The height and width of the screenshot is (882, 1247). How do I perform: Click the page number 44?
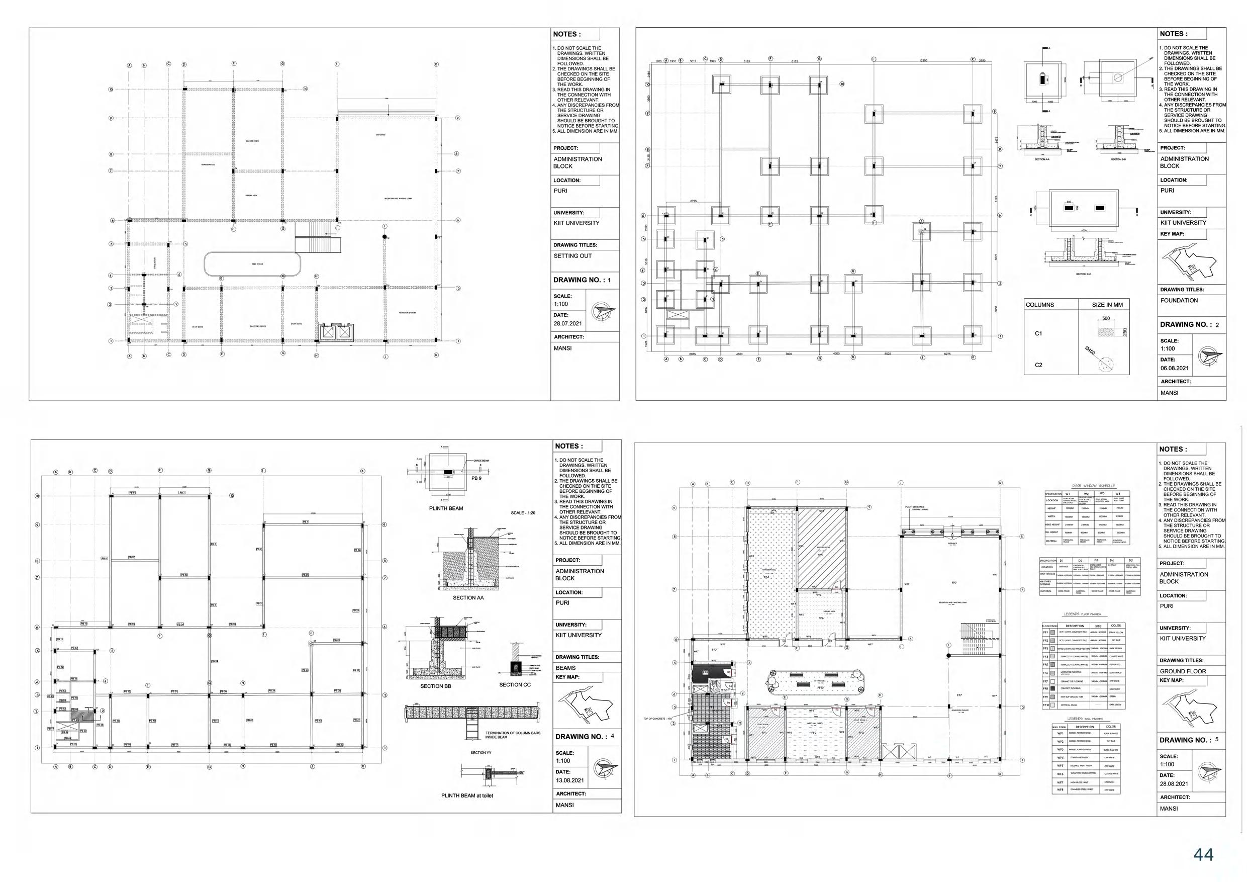pyautogui.click(x=1203, y=854)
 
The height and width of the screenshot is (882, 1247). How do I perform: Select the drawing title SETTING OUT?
pyautogui.click(x=572, y=256)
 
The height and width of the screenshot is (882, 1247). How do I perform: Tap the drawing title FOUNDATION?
pyautogui.click(x=1179, y=301)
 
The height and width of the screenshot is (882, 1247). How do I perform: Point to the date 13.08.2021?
pyautogui.click(x=570, y=780)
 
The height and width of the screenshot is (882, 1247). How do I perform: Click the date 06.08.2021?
pyautogui.click(x=1175, y=369)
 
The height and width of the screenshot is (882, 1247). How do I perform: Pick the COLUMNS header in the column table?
pyautogui.click(x=1039, y=305)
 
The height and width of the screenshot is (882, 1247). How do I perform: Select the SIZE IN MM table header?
pyautogui.click(x=1107, y=305)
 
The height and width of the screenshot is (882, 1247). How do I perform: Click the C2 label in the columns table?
pyautogui.click(x=1038, y=365)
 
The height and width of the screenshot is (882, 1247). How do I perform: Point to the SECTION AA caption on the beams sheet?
pyautogui.click(x=468, y=598)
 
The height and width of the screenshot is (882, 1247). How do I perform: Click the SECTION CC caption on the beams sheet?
pyautogui.click(x=515, y=685)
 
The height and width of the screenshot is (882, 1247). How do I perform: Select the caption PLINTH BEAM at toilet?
pyautogui.click(x=467, y=796)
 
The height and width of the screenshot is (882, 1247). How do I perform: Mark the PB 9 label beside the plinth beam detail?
pyautogui.click(x=476, y=478)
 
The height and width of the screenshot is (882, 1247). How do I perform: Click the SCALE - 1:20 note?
pyautogui.click(x=523, y=513)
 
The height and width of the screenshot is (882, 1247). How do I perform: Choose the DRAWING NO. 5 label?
pyautogui.click(x=1188, y=740)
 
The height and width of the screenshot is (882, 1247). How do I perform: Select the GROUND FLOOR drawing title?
pyautogui.click(x=1183, y=671)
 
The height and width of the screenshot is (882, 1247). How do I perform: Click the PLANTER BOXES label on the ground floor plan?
pyautogui.click(x=915, y=507)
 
